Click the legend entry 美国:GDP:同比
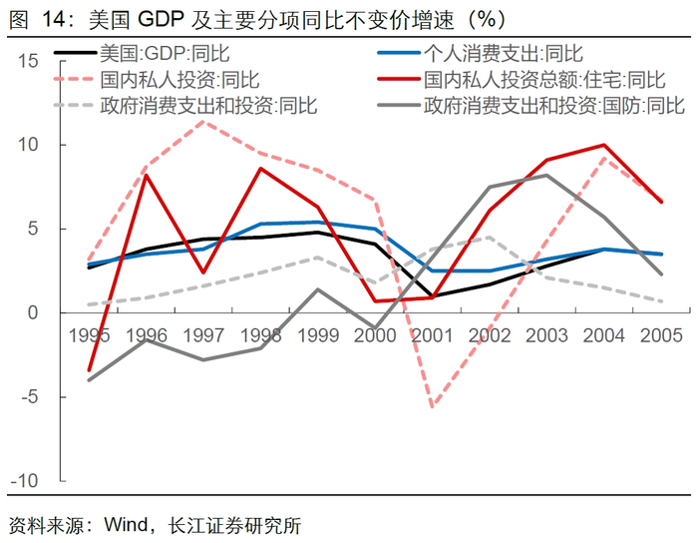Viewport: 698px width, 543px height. pyautogui.click(x=149, y=54)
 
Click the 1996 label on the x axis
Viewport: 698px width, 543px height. pyautogui.click(x=147, y=336)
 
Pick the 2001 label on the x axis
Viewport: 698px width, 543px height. pyautogui.click(x=434, y=336)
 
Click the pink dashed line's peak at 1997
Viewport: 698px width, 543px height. pyautogui.click(x=204, y=122)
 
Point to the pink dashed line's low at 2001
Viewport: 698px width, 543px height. pyautogui.click(x=433, y=406)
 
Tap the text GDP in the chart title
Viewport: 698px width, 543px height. pyautogui.click(x=152, y=18)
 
